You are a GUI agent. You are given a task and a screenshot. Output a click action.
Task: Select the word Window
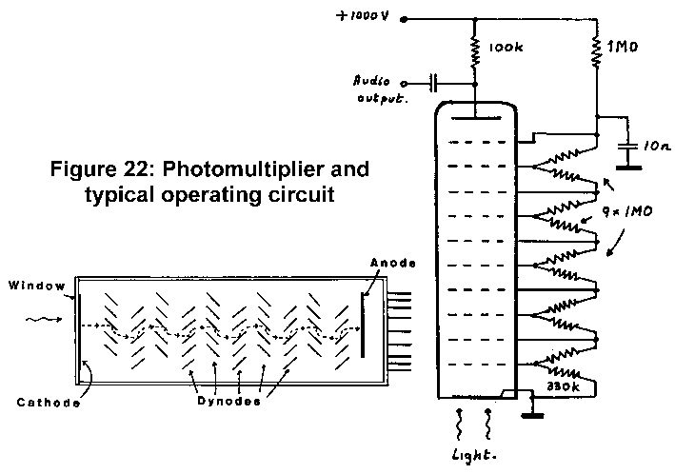(32, 285)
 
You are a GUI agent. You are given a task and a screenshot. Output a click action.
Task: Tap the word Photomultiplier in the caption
(288, 170)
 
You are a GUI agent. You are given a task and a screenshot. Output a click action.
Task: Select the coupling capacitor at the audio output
(435, 83)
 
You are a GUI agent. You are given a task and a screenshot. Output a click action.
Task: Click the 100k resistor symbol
(474, 48)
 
